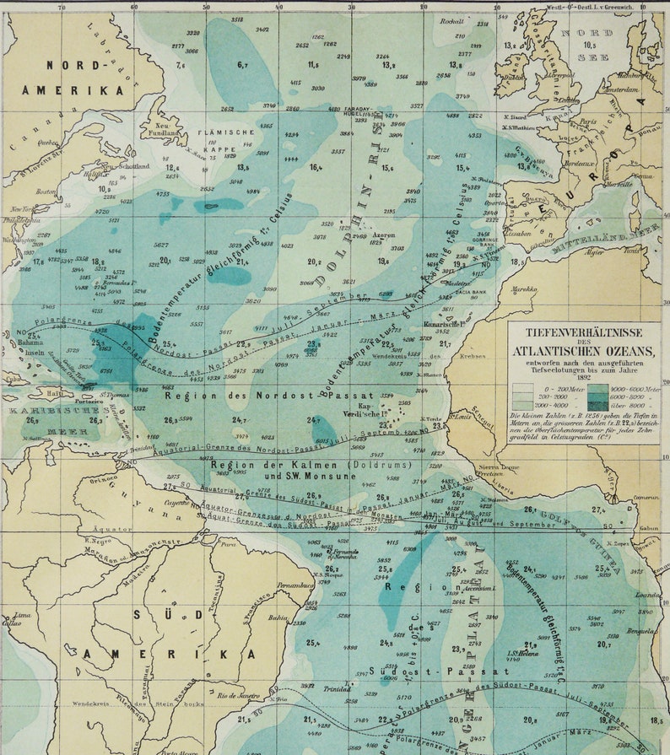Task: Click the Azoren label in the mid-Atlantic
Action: pos(383,235)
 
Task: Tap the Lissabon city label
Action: pos(519,234)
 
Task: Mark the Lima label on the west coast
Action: pos(14,617)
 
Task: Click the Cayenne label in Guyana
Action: pos(176,501)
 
